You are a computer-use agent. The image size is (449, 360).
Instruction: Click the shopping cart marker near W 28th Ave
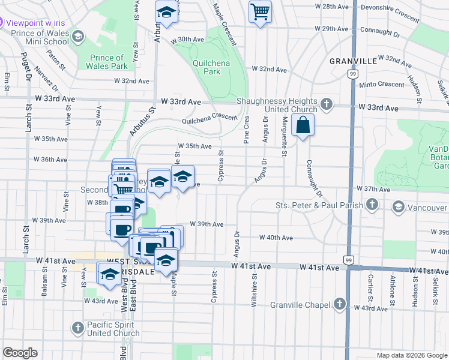pyautogui.click(x=260, y=12)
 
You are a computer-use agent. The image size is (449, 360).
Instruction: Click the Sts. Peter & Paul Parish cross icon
pyautogui.click(x=372, y=206)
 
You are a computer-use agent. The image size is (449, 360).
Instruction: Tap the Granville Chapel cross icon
pyautogui.click(x=340, y=303)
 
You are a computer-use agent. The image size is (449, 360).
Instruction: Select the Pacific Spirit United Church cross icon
pyautogui.click(x=77, y=328)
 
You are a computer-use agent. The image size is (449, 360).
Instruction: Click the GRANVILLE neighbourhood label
pyautogui.click(x=353, y=61)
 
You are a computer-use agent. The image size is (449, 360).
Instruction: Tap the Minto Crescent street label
pyautogui.click(x=381, y=85)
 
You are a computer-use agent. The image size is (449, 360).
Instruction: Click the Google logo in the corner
pyautogui.click(x=20, y=353)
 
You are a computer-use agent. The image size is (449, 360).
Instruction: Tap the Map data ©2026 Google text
pyautogui.click(x=411, y=355)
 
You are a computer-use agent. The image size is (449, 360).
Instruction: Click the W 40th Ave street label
pyautogui.click(x=276, y=238)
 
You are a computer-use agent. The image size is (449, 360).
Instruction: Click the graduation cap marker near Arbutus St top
pyautogui.click(x=166, y=12)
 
